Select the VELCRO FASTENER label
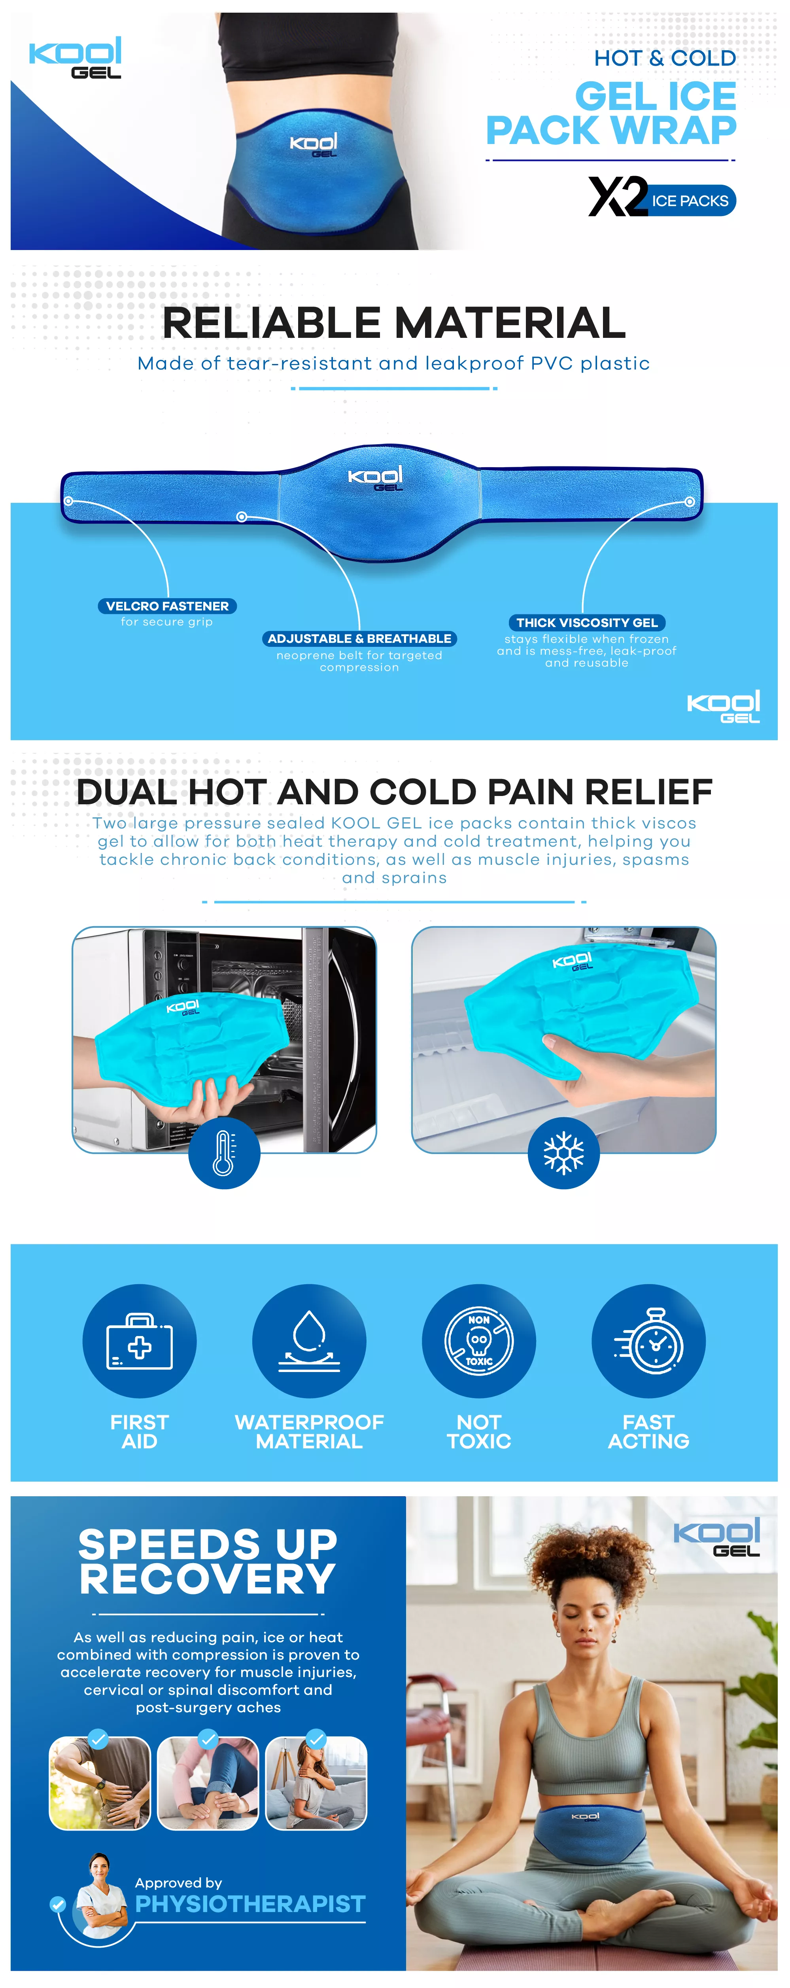(x=167, y=606)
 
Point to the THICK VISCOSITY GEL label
(x=587, y=622)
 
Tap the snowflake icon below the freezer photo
(x=564, y=1153)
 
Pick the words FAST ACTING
(x=649, y=1432)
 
